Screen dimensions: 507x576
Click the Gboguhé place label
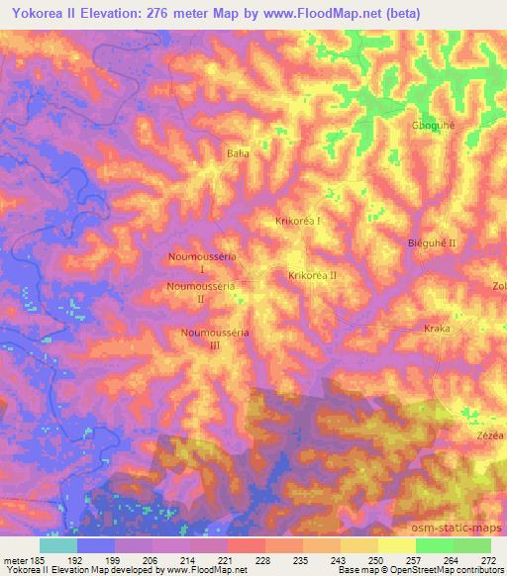click(432, 126)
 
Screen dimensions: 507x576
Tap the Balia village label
click(238, 153)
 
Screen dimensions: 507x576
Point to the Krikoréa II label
click(313, 275)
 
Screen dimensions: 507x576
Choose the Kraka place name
click(437, 329)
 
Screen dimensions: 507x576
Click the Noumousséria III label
click(215, 338)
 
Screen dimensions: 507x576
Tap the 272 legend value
click(487, 559)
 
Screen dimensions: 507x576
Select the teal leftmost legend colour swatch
click(58, 545)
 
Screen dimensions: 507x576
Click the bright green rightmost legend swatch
click(472, 545)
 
